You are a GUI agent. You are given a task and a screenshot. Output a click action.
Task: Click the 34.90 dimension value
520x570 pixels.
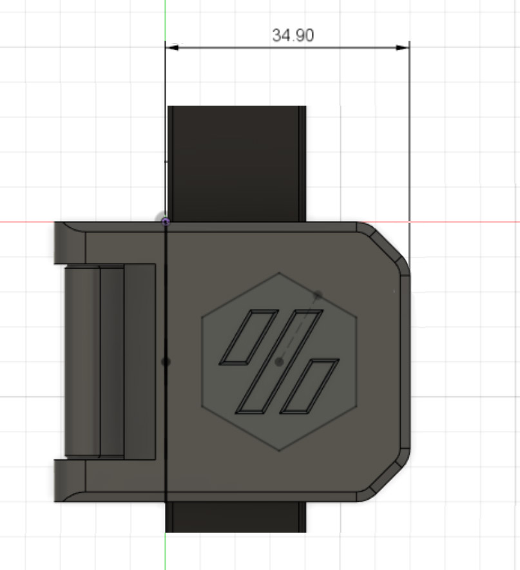coord(293,35)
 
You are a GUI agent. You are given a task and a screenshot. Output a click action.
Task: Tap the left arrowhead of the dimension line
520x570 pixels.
coord(172,48)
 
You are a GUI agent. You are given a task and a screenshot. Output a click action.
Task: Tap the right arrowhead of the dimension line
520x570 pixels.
coord(402,48)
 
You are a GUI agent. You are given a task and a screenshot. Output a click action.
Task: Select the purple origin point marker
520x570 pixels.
coord(166,222)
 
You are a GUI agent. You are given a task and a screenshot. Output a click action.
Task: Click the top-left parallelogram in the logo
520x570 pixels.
coord(249,337)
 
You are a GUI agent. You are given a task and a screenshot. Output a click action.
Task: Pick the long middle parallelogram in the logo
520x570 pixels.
coord(279,362)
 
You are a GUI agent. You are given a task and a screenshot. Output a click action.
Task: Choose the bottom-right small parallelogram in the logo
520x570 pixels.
coord(309,386)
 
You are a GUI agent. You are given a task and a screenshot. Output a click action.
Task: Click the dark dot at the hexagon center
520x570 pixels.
coord(279,362)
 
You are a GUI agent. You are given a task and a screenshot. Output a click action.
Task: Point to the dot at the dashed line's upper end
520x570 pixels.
coord(318,295)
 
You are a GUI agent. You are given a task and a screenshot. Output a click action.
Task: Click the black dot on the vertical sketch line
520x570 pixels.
coord(166,362)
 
